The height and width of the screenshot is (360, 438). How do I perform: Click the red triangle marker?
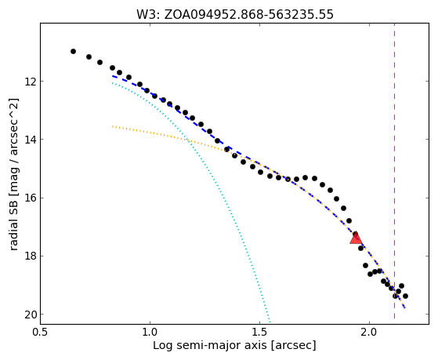click(356, 238)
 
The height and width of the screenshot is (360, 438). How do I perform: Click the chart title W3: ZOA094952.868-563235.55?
click(235, 14)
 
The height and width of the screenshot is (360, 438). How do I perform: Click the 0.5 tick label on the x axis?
click(41, 332)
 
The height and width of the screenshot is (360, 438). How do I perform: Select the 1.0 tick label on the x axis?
click(150, 332)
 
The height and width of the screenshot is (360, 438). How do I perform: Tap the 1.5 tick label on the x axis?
click(260, 332)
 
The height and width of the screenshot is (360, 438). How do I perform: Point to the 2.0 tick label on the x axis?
click(369, 332)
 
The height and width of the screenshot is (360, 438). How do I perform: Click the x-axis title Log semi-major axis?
click(210, 346)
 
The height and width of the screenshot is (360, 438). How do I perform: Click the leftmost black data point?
click(73, 51)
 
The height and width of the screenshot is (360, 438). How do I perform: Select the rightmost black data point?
click(405, 296)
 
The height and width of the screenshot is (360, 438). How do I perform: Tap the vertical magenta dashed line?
click(394, 171)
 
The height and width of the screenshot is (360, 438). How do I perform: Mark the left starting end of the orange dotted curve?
click(113, 126)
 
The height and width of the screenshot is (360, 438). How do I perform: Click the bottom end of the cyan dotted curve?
click(270, 321)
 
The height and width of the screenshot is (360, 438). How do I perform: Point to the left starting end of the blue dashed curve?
click(113, 76)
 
